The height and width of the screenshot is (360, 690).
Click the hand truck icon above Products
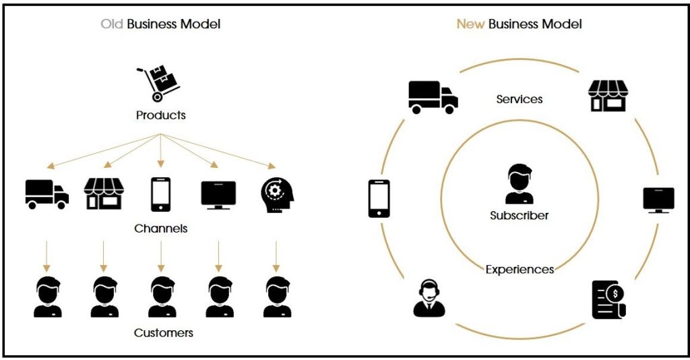[158, 82]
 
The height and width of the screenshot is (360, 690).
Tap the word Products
[160, 115]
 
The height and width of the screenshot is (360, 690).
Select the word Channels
[160, 229]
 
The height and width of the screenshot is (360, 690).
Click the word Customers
[163, 332]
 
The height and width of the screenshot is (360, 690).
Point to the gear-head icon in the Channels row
[276, 196]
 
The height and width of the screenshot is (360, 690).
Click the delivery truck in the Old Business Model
[46, 194]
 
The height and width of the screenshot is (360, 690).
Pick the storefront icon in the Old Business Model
[103, 194]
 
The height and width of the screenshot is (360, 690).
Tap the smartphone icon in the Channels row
[160, 195]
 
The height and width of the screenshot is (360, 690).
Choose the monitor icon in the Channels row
[218, 195]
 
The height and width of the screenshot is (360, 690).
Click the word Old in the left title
[112, 24]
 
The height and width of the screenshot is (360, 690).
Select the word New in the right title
[470, 24]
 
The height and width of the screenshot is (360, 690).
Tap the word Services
[519, 99]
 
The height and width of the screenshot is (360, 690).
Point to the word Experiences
[520, 270]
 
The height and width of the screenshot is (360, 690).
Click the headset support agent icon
[429, 298]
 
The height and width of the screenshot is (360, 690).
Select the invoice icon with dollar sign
[608, 299]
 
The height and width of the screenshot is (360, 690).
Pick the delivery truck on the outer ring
[433, 96]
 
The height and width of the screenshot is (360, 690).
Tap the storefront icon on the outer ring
[608, 96]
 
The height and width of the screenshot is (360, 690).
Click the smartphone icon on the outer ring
[379, 198]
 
